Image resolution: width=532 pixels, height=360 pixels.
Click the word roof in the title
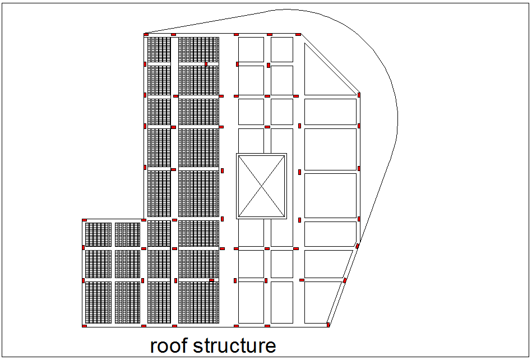[x=169, y=345]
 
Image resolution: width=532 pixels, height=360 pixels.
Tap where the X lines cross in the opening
[x=261, y=186]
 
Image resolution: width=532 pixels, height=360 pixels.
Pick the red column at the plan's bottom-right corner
[x=328, y=324]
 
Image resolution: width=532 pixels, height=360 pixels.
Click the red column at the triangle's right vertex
[x=359, y=95]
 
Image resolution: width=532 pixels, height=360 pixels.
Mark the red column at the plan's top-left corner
[x=146, y=35]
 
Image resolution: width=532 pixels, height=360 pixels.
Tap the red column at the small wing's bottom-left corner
[x=84, y=325]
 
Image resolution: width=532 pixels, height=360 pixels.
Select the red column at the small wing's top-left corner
[x=84, y=220]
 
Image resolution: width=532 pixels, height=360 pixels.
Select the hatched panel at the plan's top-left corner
[x=159, y=49]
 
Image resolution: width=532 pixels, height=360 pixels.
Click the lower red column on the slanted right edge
[x=345, y=280]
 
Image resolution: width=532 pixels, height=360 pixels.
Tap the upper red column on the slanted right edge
[x=357, y=246]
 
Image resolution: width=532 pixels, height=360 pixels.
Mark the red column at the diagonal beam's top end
[x=298, y=35]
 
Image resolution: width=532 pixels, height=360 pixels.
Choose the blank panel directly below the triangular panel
[x=330, y=112]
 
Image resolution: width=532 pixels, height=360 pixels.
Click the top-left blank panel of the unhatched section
[x=251, y=49]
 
